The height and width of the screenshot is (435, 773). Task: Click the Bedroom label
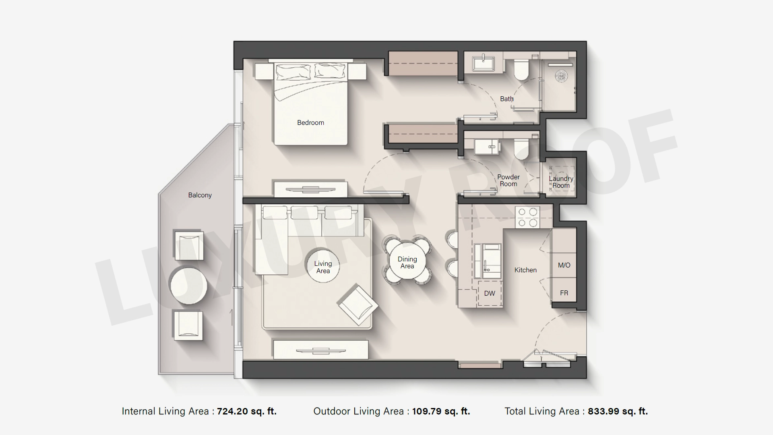coord(310,123)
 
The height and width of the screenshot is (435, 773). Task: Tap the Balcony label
coord(200,195)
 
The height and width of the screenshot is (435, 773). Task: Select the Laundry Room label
coord(561,182)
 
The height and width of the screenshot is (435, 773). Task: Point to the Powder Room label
coord(508,180)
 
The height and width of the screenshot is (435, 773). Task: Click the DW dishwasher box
coord(490,293)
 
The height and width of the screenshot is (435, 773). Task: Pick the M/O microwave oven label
coord(564,265)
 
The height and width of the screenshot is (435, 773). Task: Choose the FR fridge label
coord(564,293)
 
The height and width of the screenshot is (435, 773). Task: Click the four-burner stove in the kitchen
coord(527,217)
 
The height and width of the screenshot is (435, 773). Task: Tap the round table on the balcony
coord(188,286)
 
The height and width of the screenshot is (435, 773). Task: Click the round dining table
coord(407,262)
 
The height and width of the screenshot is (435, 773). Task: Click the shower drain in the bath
coord(561,75)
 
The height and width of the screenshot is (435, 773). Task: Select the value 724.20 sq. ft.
coord(247,412)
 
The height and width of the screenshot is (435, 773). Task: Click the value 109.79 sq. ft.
coord(441,412)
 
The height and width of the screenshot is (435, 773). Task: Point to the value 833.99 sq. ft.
coord(618,412)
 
